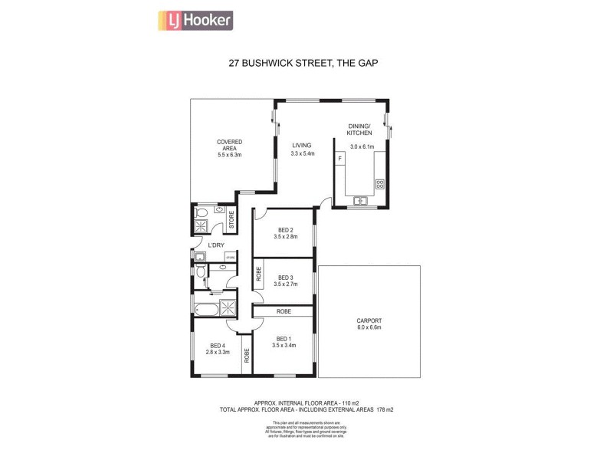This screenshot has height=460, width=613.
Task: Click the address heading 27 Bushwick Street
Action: pos(303,64)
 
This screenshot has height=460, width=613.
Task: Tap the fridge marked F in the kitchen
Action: pos(340,159)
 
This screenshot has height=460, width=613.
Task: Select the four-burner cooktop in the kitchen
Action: pos(379,184)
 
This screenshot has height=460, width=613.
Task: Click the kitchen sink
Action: pos(359,201)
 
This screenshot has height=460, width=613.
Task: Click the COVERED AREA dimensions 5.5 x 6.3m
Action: pos(229,155)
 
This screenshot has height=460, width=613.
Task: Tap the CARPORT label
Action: pos(369,320)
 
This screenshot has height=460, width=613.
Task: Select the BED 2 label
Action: pos(284,230)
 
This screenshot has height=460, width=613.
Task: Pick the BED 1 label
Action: pos(284,338)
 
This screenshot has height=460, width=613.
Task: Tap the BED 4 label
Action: pos(218,346)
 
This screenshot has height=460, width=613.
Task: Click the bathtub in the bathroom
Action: pos(205,310)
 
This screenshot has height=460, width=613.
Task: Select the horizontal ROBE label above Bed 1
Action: pos(284,311)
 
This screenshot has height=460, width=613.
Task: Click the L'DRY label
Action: pos(215,245)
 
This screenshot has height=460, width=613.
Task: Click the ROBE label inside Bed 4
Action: pos(247,355)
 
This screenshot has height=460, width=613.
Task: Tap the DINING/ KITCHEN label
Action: pos(359,130)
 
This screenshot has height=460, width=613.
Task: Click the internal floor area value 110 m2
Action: pos(344,402)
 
